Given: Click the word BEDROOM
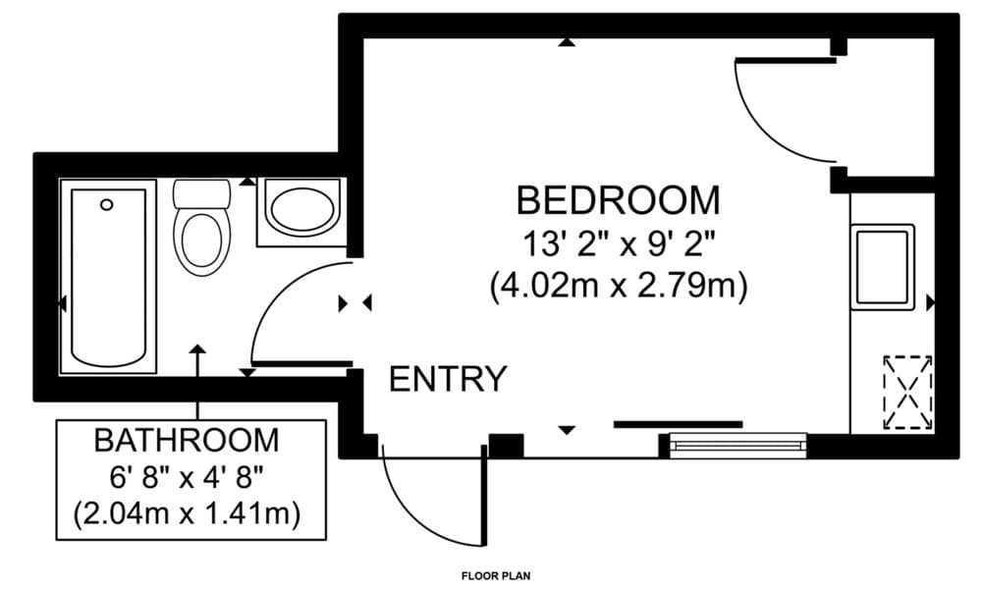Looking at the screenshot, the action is point(618,200).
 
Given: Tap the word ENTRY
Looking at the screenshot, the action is point(447,379).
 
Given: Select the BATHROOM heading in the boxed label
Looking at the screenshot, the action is point(187,441).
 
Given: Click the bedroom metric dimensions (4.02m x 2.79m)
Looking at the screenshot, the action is point(619,287).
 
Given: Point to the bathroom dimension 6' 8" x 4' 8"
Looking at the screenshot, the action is point(186,478).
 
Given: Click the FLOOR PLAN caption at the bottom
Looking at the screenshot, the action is point(496,575).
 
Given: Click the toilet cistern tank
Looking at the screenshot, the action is point(201,194).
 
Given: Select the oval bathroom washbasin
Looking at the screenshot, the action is point(302,208).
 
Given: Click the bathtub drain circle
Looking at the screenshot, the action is point(107,204).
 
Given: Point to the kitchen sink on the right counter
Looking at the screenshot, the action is point(883,267).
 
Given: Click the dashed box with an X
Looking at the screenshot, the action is point(907,393).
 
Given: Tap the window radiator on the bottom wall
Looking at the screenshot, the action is point(738,446).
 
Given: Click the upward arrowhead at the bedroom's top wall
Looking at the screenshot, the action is point(567,42).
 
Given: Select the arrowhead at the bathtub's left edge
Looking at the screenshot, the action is point(62,303).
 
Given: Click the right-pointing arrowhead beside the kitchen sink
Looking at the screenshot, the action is point(930,303).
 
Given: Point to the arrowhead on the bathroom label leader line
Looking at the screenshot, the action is point(198,349).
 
